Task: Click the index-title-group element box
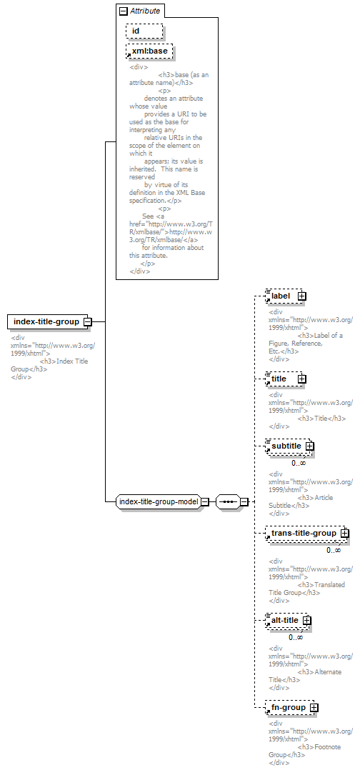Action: coord(48,321)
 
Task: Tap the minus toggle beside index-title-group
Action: coord(88,321)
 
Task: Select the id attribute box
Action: coord(144,31)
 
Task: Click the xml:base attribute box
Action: coord(150,51)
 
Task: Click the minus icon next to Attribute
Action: coord(124,11)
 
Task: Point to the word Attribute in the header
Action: coord(145,11)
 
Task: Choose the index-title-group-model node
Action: coord(159,502)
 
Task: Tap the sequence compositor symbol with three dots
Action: coord(228,502)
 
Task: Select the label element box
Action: coord(284,296)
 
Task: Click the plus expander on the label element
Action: coord(302,296)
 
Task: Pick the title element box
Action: coord(284,379)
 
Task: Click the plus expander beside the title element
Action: coord(302,379)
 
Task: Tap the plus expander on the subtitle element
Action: coord(310,446)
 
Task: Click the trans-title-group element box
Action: coord(306,534)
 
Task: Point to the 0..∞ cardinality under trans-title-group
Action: coord(334,550)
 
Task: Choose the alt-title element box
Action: coord(286,620)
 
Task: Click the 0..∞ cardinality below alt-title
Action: coord(296,637)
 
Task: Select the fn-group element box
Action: coord(290,708)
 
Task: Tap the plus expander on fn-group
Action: coord(314,708)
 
